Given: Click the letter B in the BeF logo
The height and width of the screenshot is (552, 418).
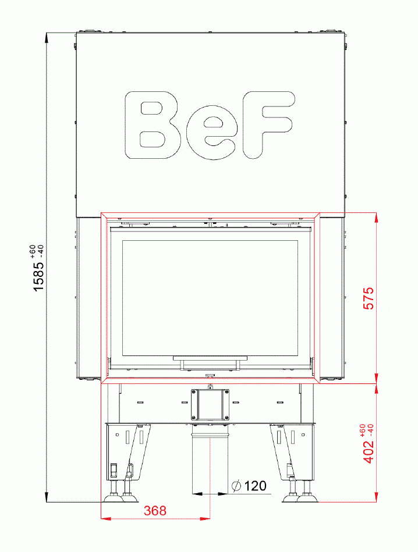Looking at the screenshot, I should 153,125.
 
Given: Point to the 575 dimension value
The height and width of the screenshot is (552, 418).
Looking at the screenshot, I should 369,298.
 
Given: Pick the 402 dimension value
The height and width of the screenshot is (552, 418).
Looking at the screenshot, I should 369,451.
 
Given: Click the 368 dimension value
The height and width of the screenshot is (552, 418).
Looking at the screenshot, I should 155,511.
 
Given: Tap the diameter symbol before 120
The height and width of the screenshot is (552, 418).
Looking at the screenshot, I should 236,486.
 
